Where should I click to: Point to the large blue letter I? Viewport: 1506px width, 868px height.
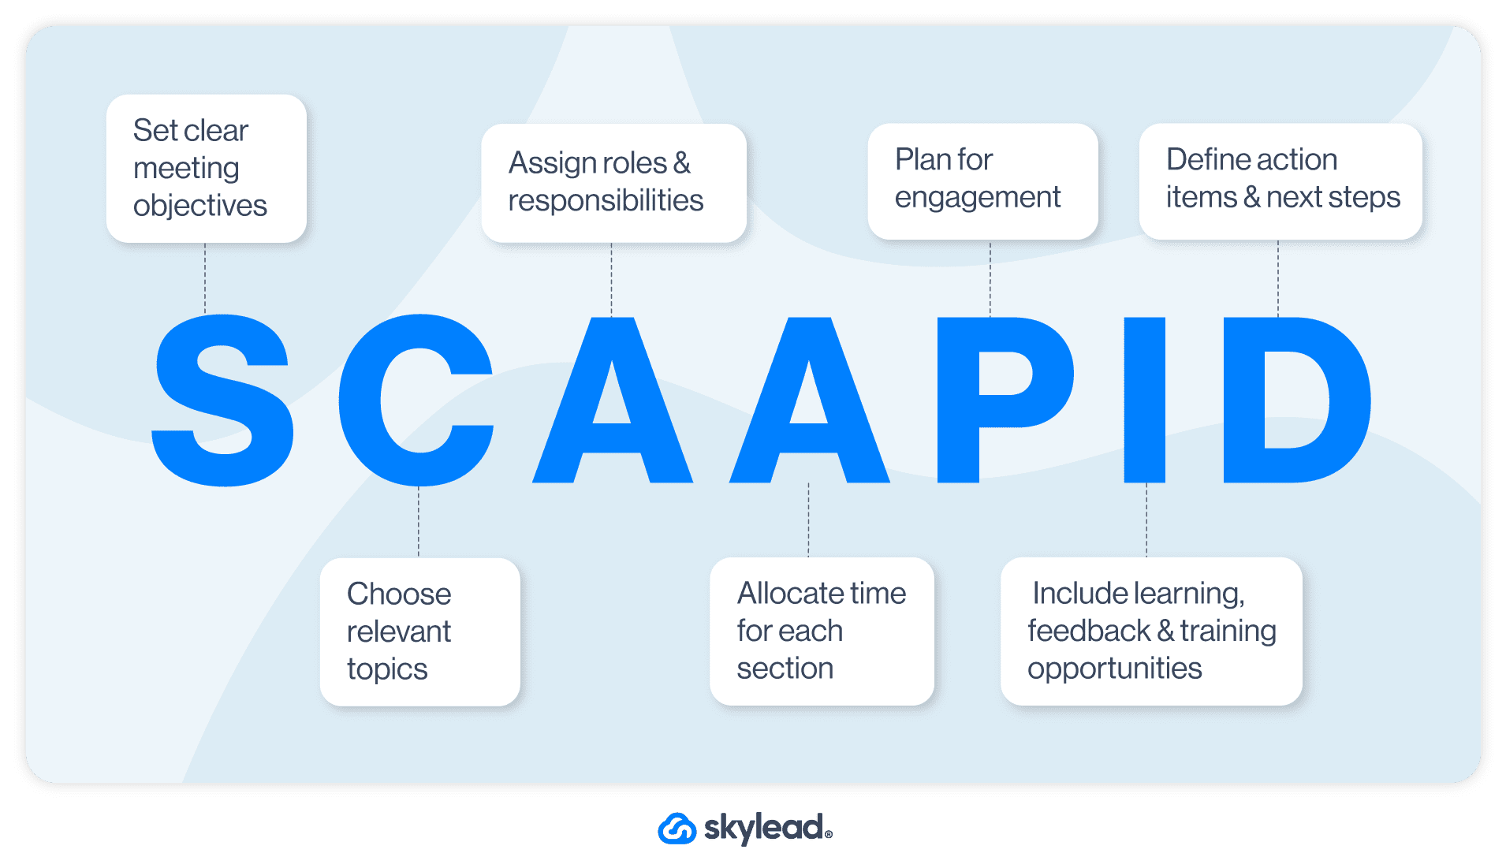coord(1144,400)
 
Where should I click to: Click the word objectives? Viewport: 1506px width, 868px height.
coord(200,206)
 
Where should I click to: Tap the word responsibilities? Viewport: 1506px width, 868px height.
coord(606,200)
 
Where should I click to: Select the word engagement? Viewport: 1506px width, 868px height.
coord(978,197)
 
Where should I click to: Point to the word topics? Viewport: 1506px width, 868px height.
coord(387,669)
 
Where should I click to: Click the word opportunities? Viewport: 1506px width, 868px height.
coord(1114,669)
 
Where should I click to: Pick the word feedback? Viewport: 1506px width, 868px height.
coord(1089,631)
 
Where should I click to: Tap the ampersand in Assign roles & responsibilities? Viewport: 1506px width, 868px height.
coord(682,163)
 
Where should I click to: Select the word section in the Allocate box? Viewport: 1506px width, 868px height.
coord(785,669)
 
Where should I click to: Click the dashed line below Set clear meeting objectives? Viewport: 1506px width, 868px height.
coord(205,278)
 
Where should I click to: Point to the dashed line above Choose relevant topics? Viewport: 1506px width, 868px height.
coord(419,522)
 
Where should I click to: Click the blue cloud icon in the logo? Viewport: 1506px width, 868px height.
coord(677,829)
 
